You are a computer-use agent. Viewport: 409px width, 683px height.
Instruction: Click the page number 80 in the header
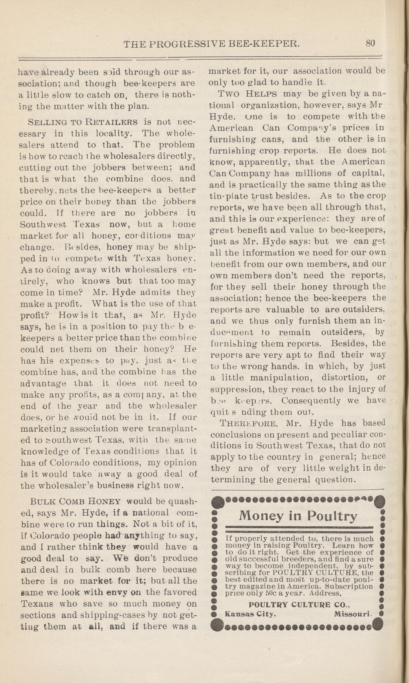tap(370, 43)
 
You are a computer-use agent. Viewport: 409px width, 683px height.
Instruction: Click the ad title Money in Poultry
tap(298, 515)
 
